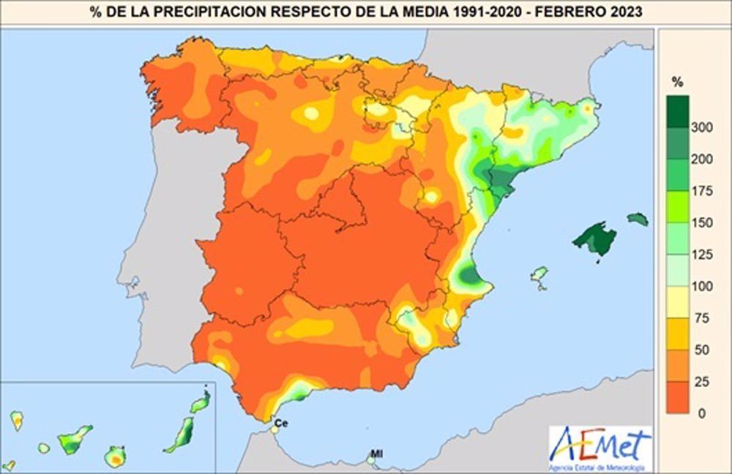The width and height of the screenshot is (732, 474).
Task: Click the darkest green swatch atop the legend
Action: (x=679, y=111)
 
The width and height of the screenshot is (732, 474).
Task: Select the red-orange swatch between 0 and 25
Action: (x=679, y=396)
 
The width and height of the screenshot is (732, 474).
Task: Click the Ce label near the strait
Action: (x=280, y=423)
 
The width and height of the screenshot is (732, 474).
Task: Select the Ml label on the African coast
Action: (x=376, y=454)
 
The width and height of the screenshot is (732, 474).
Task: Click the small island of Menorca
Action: (x=638, y=219)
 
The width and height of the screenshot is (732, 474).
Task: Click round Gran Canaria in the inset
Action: (x=115, y=457)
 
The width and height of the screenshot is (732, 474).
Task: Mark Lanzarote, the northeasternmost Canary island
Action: (x=201, y=401)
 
